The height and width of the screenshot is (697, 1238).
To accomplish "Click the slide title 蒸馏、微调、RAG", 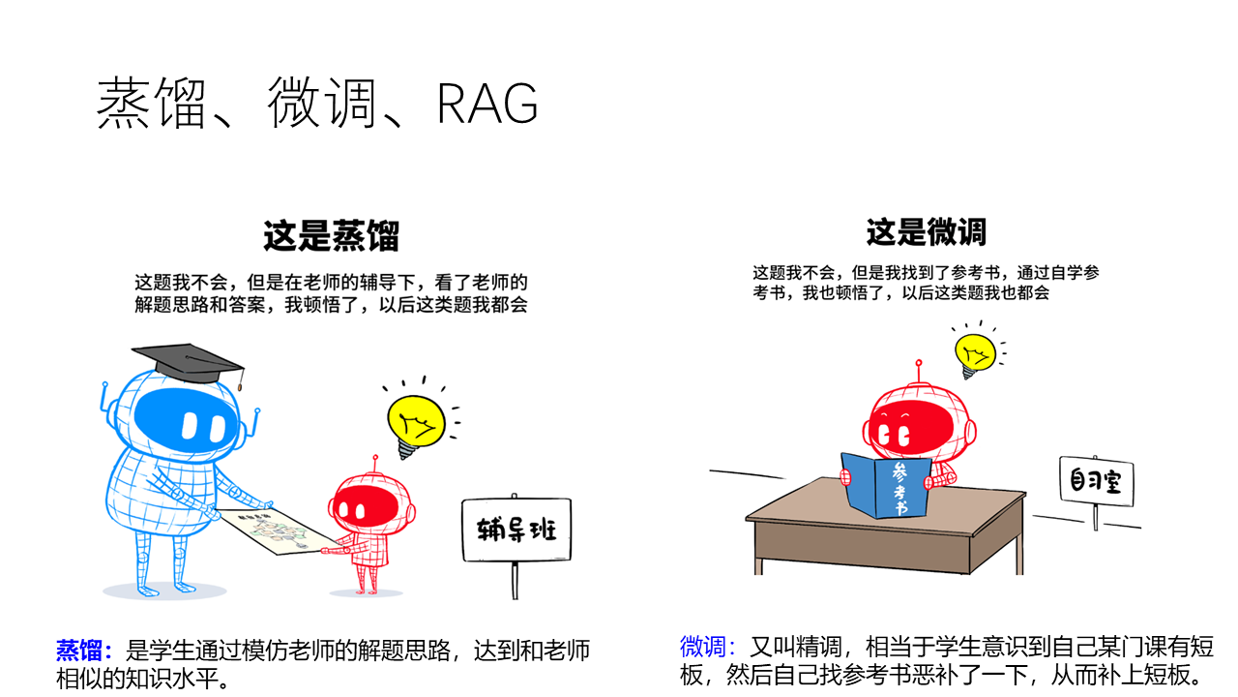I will (x=316, y=104).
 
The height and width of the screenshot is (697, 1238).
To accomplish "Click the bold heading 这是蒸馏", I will (x=331, y=235).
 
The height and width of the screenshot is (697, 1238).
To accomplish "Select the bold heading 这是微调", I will (x=926, y=232).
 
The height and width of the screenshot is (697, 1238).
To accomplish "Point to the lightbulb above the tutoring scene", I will (x=416, y=422).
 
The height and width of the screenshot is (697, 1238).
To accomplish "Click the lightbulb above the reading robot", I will (x=975, y=354).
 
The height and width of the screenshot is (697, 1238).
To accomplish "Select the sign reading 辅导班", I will (x=516, y=529).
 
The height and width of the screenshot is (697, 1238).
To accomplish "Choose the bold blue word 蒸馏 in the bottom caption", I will (x=85, y=650).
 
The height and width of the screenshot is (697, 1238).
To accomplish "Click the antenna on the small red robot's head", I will (x=374, y=465).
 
